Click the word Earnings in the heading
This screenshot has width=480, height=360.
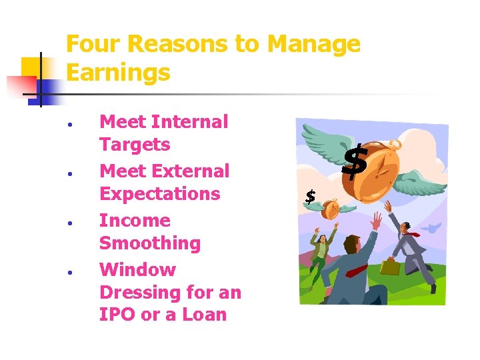(118, 73)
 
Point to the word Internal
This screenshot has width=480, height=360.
(190, 122)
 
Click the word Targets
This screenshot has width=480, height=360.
(135, 145)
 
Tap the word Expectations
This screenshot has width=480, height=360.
(159, 194)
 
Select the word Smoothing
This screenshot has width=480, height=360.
(150, 243)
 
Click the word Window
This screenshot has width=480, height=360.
(137, 270)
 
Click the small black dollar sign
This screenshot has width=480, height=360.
(310, 197)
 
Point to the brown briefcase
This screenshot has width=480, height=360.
(391, 267)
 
